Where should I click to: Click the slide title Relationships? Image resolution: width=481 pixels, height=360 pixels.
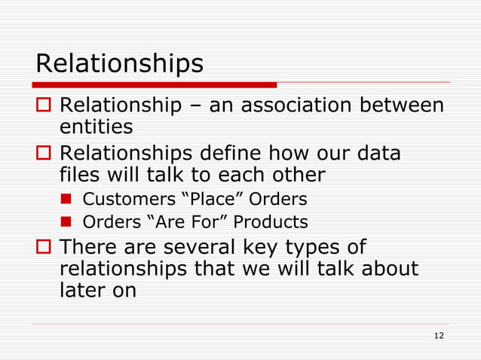(119, 64)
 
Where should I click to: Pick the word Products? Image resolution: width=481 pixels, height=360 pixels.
(271, 222)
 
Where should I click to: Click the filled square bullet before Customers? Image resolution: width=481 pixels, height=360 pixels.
(67, 200)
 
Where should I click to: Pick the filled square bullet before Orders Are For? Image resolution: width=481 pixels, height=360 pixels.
(67, 223)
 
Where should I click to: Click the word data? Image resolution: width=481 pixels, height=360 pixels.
(375, 154)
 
